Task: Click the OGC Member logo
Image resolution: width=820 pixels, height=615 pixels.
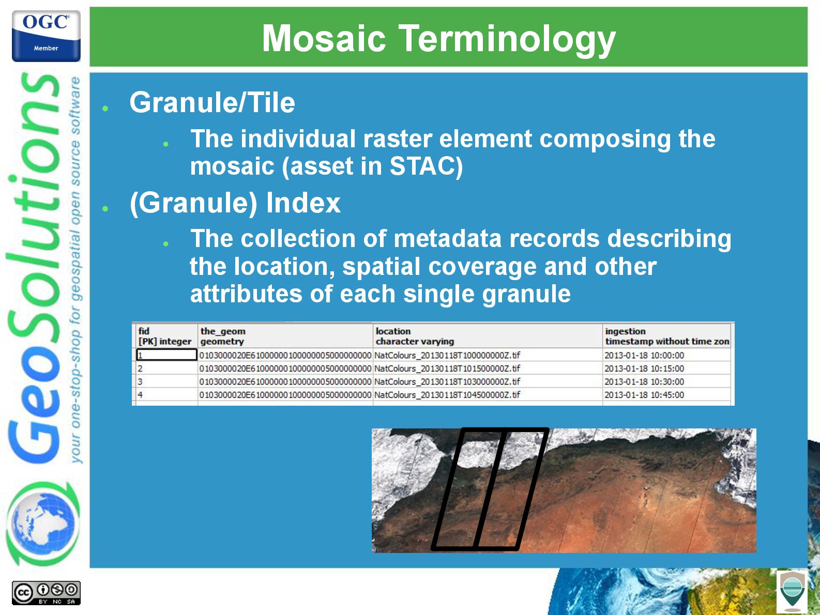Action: pos(46,36)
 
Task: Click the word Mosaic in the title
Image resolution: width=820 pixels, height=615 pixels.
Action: pos(324,38)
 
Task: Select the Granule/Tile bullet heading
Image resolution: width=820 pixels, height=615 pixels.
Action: pos(212,102)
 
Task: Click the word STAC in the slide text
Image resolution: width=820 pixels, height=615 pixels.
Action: pos(421,166)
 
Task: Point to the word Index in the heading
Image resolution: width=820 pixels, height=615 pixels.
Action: pos(303,203)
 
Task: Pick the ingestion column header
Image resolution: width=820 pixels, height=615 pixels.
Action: pos(667,336)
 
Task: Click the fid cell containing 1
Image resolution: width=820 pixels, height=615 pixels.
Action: pos(166,355)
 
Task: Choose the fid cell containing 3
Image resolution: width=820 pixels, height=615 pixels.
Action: pos(166,381)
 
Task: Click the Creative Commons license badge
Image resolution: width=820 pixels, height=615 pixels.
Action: pos(46,593)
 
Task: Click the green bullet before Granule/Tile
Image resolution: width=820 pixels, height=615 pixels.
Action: pos(105,109)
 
